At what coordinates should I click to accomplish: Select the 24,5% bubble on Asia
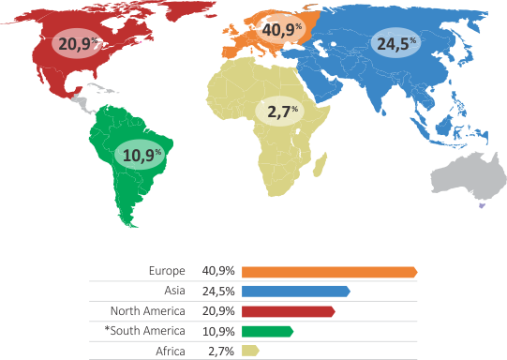click(x=396, y=44)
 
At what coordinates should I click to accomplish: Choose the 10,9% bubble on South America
click(x=140, y=153)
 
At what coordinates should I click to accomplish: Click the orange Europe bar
click(x=328, y=272)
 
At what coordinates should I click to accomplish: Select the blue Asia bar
click(x=295, y=292)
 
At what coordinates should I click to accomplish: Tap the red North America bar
click(x=288, y=311)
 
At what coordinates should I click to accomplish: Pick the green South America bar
click(x=267, y=331)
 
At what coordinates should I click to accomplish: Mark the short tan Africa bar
click(x=250, y=352)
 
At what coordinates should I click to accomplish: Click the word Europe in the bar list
click(x=167, y=272)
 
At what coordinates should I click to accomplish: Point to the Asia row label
click(x=173, y=292)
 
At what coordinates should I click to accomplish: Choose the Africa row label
click(x=171, y=352)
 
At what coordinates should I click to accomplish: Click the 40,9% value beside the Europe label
click(x=217, y=272)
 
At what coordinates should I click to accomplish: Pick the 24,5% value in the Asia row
click(x=217, y=292)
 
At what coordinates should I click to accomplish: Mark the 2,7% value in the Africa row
click(x=221, y=352)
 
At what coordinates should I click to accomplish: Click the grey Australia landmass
click(x=464, y=177)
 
